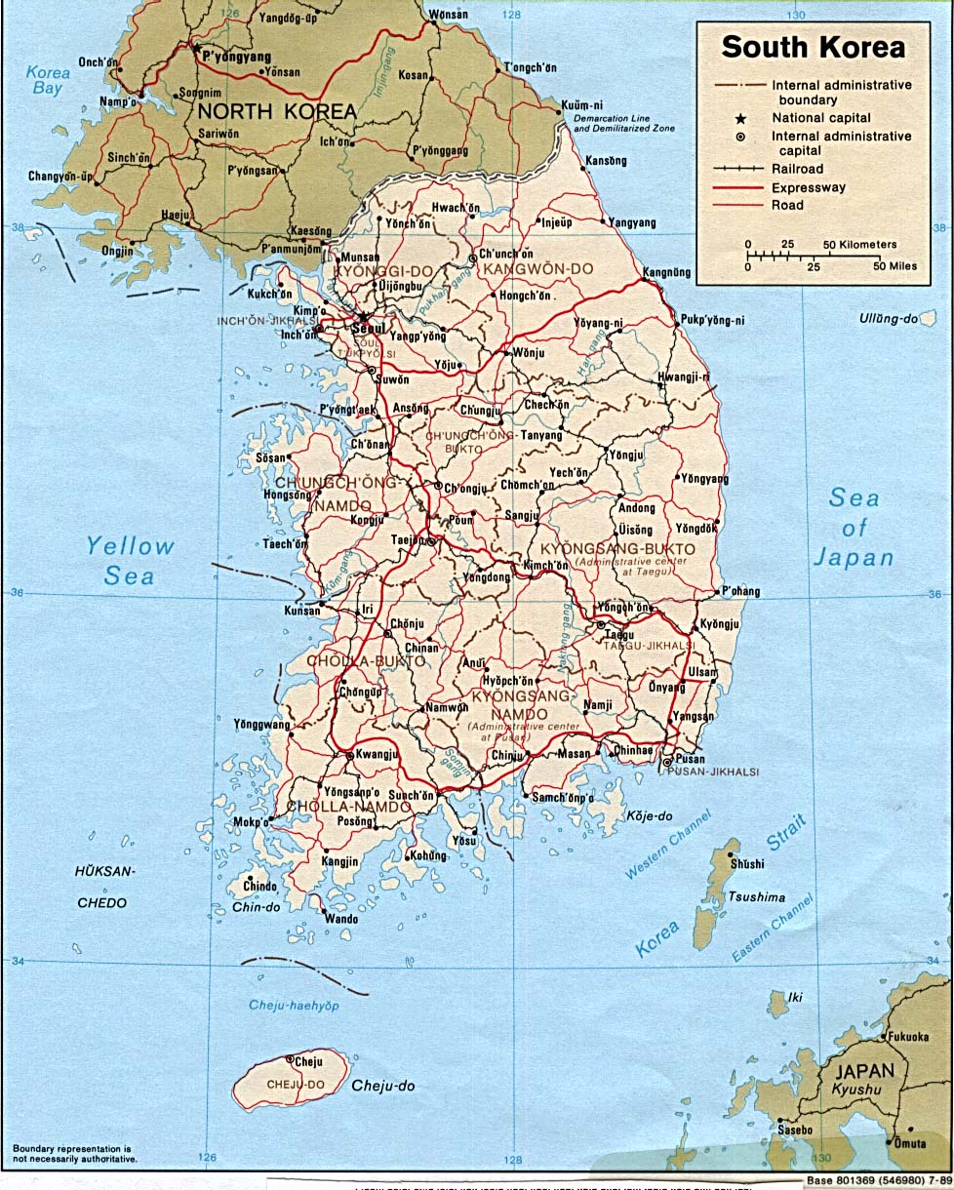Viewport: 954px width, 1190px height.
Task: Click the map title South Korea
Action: point(813,47)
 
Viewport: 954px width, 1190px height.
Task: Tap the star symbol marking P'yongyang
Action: point(196,47)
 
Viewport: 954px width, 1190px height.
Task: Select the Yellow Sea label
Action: point(129,561)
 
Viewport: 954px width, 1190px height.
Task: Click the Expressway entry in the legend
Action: point(809,187)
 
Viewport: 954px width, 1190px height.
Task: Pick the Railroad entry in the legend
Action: point(797,169)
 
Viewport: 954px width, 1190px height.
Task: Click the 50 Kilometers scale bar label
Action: point(859,245)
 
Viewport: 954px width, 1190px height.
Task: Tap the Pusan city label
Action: point(690,759)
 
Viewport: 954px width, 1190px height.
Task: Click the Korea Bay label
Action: point(48,80)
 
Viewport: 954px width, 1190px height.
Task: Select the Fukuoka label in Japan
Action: point(908,1036)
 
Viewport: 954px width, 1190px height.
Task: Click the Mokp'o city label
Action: point(251,822)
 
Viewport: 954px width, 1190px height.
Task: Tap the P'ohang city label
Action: point(740,591)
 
